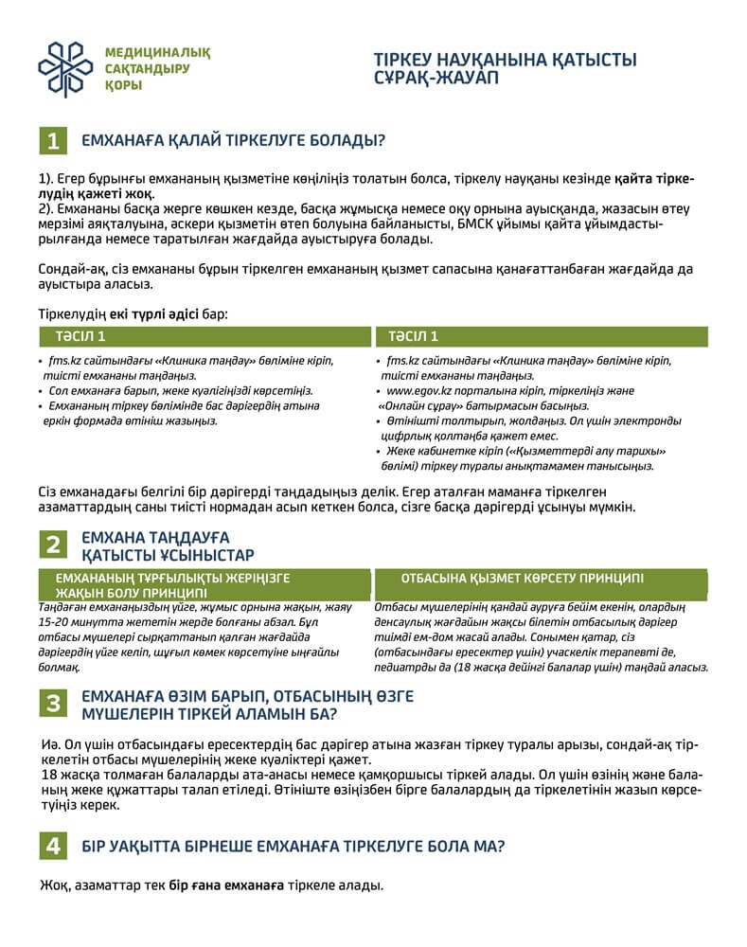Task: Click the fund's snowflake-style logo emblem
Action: click(65, 69)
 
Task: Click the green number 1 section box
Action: click(53, 141)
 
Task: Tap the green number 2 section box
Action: click(53, 545)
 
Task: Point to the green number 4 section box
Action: click(53, 846)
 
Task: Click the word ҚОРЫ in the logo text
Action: click(124, 86)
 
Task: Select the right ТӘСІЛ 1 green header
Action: click(413, 336)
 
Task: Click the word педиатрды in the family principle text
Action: click(411, 668)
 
